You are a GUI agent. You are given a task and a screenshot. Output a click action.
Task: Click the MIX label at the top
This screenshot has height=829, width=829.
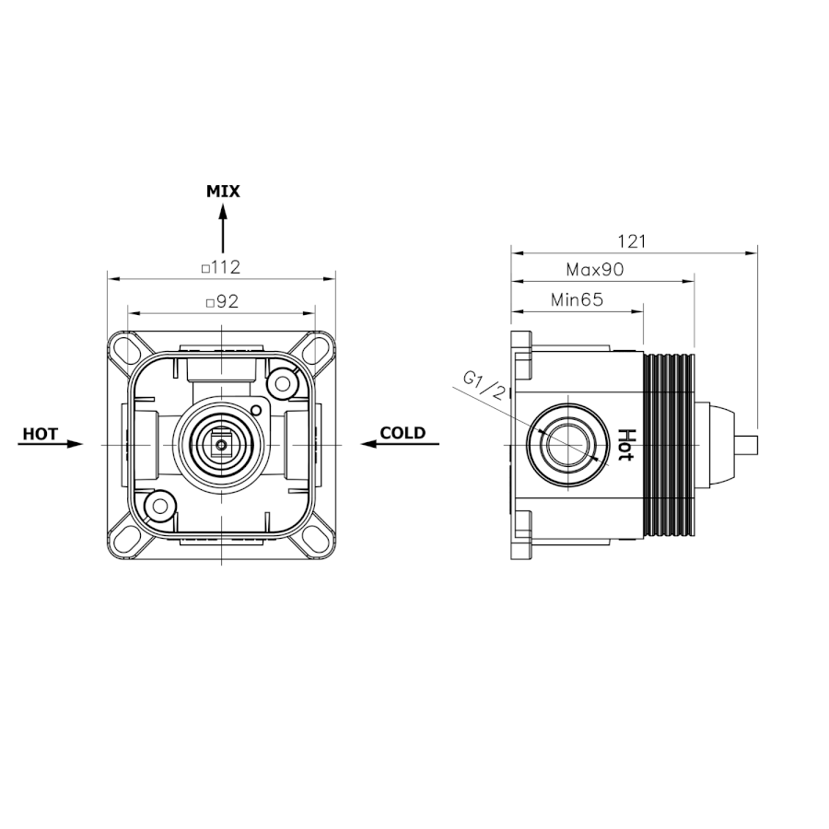[223, 191]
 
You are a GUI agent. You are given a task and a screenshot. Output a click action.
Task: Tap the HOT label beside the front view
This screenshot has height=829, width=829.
[41, 434]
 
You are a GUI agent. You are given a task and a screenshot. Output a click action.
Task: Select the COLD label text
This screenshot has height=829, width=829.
[403, 433]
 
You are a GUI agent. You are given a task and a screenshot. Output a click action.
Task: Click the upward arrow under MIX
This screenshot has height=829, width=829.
[223, 229]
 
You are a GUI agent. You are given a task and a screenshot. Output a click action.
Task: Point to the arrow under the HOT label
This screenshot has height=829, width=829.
[51, 444]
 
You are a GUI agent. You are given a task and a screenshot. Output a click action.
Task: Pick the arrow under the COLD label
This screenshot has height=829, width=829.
[401, 444]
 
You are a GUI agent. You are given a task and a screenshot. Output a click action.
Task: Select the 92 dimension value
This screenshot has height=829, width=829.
[228, 301]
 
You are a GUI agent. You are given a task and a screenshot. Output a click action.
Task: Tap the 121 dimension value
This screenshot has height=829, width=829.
[632, 241]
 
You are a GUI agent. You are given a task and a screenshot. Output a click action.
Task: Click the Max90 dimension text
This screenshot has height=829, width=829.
[595, 270]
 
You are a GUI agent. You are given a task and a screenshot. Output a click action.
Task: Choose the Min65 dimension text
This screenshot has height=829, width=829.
[577, 299]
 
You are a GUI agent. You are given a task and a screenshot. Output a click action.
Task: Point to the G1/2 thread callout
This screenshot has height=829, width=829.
[484, 385]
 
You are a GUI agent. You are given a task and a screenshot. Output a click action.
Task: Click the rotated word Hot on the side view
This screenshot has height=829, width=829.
[626, 444]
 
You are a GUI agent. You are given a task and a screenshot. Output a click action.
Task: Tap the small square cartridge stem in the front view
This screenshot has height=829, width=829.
[221, 445]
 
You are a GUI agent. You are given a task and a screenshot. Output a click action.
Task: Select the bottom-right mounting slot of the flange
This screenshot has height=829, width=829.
[318, 542]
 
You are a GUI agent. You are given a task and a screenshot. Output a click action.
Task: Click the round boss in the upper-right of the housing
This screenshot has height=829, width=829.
[283, 383]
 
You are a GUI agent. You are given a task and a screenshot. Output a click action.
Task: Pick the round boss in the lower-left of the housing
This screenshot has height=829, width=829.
[160, 506]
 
